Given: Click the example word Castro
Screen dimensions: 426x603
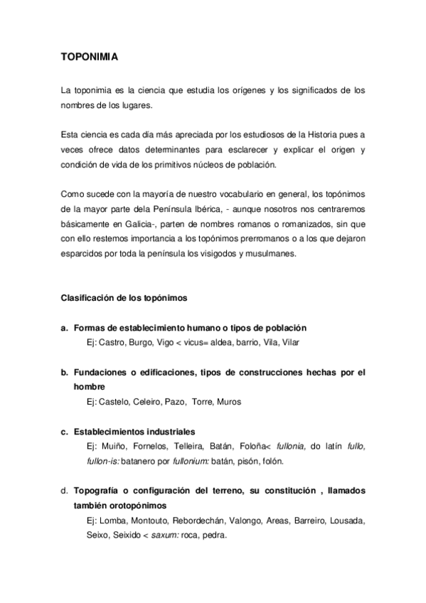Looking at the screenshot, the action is (109, 343).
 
